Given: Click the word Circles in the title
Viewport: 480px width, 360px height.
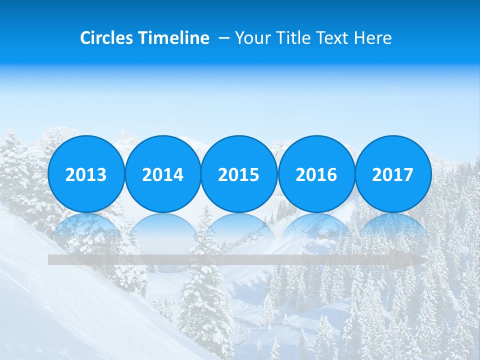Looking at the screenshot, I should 106,38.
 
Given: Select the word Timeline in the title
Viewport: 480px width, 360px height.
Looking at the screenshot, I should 173,38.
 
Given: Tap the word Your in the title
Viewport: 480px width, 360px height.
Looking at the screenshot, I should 255,38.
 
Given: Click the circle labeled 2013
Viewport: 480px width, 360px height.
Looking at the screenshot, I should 86,174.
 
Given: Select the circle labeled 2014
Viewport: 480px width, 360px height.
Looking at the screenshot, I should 163,174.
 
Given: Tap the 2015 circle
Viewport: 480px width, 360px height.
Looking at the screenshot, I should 239,174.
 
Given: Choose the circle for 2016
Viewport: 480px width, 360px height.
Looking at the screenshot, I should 316,174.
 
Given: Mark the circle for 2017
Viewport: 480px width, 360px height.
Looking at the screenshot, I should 393,174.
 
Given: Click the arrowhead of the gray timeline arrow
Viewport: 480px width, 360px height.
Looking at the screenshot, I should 418,259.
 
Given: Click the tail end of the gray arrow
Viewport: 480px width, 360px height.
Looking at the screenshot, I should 51,259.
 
